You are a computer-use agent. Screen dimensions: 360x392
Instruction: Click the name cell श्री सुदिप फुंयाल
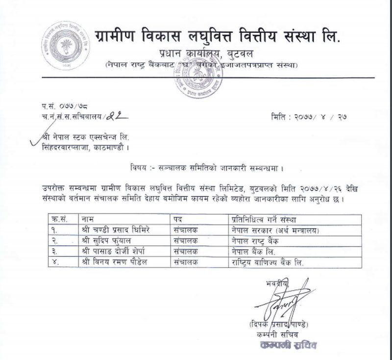tap(105, 240)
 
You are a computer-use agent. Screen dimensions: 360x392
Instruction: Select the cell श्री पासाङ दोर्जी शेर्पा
tap(112, 251)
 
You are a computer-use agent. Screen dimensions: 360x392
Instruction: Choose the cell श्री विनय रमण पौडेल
tap(114, 262)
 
